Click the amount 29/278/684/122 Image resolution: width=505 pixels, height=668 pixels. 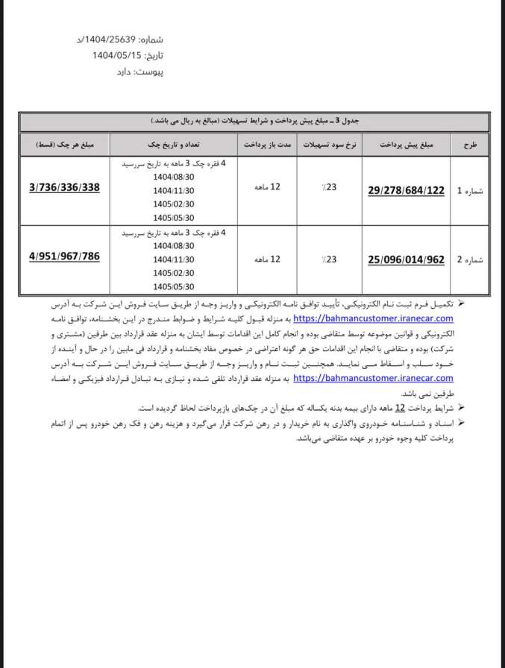(x=407, y=191)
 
